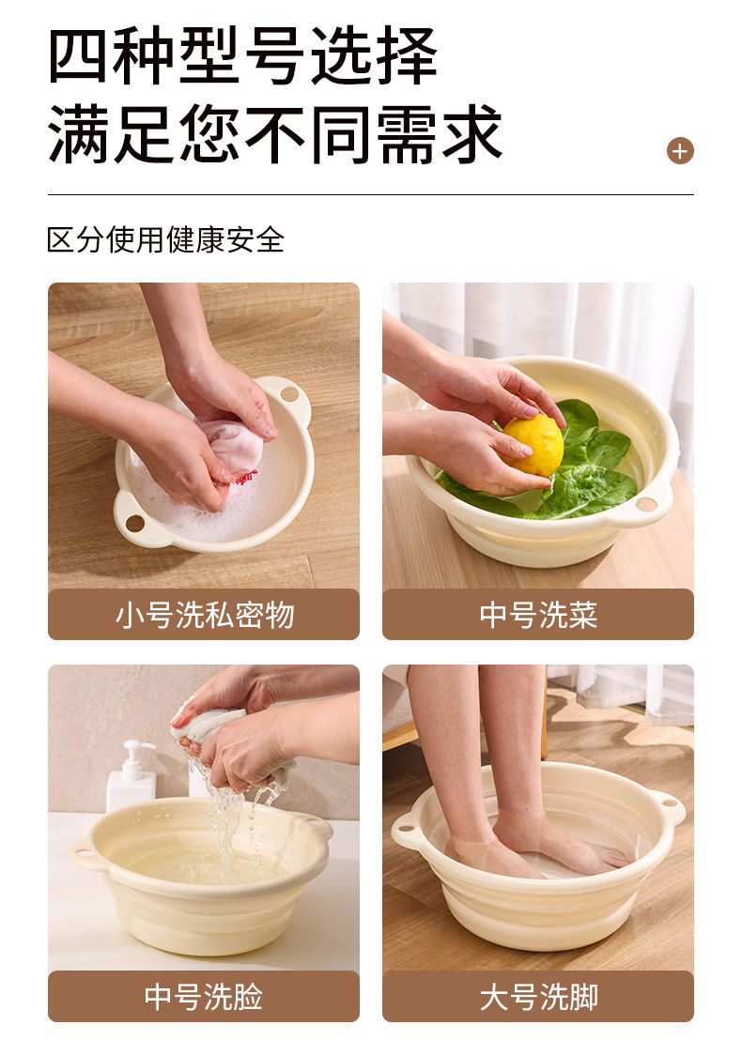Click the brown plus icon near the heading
coord(680,150)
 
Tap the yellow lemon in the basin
coord(533,444)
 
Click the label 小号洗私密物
coord(204,615)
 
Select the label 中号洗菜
coord(537,615)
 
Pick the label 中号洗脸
coord(204,996)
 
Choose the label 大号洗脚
coord(537,996)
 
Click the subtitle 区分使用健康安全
coord(165,239)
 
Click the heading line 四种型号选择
coord(242,56)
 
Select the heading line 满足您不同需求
coord(275,134)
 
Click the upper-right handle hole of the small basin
coord(289,392)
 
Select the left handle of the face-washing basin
coord(86,853)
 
